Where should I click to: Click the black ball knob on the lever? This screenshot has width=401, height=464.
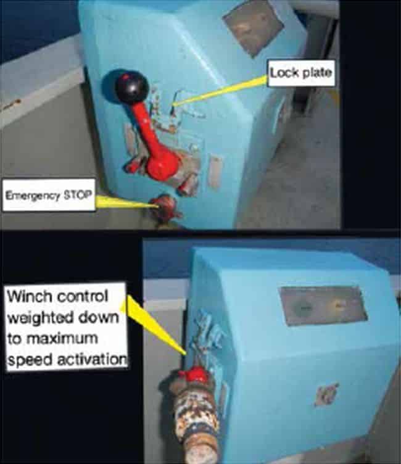[x=131, y=86]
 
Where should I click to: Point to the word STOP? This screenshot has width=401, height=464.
[x=78, y=196]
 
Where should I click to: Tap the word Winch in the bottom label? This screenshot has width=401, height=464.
[x=28, y=297]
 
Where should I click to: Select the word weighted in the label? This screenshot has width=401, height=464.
[x=41, y=318]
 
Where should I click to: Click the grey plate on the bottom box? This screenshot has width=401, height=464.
[x=323, y=305]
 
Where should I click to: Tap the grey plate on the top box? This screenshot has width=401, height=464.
[x=254, y=28]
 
